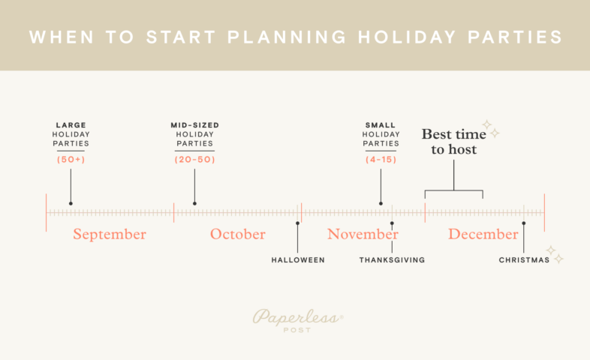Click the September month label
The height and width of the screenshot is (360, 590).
click(110, 234)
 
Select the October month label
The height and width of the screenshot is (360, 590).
click(237, 234)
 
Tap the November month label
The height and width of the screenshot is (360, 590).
click(363, 234)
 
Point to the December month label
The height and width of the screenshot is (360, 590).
click(483, 234)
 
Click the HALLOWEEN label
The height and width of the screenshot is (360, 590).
click(298, 260)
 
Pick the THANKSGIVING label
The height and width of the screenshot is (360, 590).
click(392, 260)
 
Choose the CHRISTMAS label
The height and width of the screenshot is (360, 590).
click(524, 260)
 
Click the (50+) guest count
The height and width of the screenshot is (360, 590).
click(71, 160)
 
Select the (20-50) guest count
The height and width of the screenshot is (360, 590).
click(194, 160)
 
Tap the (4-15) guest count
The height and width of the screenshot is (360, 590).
click(381, 160)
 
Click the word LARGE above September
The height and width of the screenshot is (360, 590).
click(71, 124)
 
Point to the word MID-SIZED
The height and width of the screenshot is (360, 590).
click(194, 124)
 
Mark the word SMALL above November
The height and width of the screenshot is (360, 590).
click(381, 124)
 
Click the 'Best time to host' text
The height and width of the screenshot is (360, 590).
click(453, 142)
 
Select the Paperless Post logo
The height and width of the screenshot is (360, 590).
click(298, 319)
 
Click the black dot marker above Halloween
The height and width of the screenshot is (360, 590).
click(298, 223)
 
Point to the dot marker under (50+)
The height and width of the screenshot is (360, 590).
click(71, 202)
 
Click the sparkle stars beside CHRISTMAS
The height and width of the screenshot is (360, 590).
click(554, 254)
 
